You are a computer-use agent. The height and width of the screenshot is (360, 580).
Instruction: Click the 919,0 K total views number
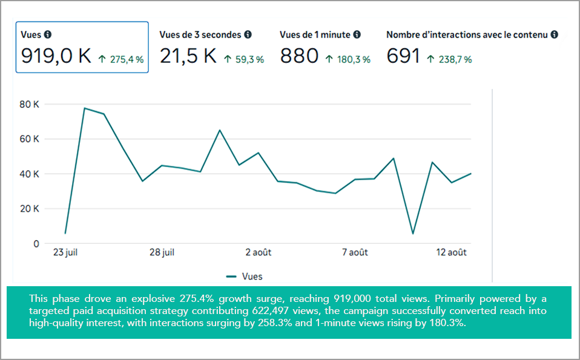tap(56, 56)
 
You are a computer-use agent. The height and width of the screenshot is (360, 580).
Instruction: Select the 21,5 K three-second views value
tap(188, 56)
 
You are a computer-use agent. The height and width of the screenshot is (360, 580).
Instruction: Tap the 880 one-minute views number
tap(299, 56)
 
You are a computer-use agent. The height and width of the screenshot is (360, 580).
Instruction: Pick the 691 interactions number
tap(403, 56)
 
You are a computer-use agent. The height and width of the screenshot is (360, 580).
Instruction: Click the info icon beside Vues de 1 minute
tap(357, 35)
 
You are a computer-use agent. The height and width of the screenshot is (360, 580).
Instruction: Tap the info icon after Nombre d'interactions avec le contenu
tap(554, 35)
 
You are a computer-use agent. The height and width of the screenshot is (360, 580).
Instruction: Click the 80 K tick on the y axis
tap(29, 104)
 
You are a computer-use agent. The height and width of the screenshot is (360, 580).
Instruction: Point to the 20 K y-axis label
tap(29, 209)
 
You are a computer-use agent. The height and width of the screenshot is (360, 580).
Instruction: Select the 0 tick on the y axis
tap(36, 244)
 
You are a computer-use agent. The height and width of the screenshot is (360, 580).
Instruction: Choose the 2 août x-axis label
tap(257, 252)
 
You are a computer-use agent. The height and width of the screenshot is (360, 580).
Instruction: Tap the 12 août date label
tap(452, 252)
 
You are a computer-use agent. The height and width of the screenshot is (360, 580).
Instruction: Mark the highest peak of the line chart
tap(85, 108)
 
